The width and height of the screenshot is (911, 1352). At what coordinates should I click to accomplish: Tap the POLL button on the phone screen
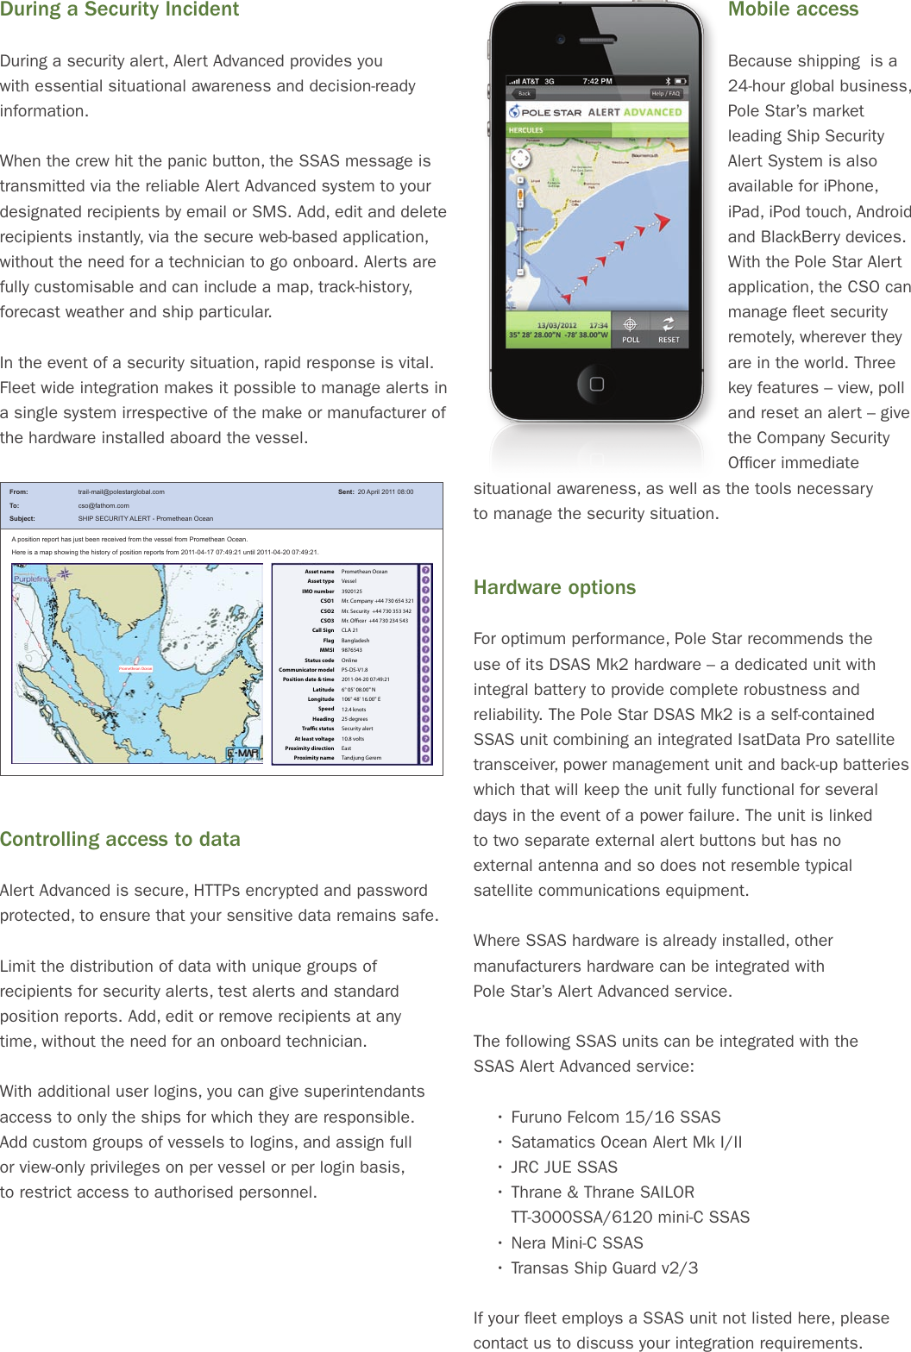pos(631,330)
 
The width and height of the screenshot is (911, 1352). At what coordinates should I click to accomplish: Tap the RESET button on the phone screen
pos(669,330)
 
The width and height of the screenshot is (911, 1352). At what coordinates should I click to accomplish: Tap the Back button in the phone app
pos(525,93)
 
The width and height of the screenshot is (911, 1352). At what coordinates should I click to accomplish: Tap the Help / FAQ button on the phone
pos(665,93)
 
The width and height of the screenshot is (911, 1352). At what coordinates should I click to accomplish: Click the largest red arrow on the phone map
pos(661,222)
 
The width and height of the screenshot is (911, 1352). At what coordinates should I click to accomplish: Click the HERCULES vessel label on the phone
pos(526,130)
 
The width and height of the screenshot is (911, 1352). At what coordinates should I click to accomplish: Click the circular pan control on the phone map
pos(520,159)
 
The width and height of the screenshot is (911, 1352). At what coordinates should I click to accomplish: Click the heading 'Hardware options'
pos(554,587)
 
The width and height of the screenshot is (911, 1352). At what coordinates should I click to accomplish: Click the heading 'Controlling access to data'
pos(120,839)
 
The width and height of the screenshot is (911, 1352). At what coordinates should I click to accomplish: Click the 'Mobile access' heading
pos(793,9)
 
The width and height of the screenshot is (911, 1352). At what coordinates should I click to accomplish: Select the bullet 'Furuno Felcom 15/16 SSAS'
pos(615,1117)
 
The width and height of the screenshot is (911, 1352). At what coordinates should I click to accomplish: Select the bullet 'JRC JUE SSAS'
pos(564,1167)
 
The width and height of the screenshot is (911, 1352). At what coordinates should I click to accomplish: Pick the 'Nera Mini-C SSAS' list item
pos(576,1242)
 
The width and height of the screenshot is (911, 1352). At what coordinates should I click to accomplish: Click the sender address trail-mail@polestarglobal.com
pos(121,491)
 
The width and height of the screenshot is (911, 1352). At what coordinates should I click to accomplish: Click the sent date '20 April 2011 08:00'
pos(385,491)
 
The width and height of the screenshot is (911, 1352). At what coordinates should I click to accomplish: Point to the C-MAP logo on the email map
pos(242,754)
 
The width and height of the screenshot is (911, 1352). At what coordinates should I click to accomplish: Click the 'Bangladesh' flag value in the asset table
pos(355,641)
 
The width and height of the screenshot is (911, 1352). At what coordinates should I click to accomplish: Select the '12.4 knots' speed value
pos(353,709)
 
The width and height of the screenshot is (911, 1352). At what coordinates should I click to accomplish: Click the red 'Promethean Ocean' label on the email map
pos(135,668)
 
